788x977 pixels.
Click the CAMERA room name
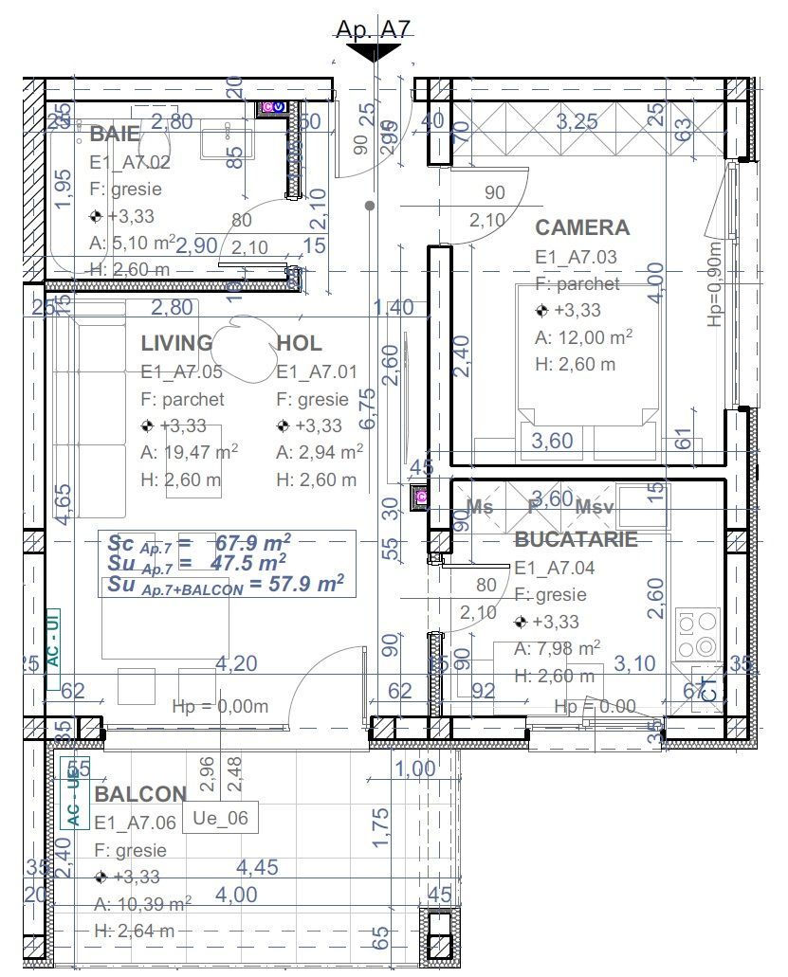pos(582,227)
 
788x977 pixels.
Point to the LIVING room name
pos(177,343)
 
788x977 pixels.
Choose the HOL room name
pos(299,343)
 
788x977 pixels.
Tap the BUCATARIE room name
pos(576,539)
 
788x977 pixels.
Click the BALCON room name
pos(140,794)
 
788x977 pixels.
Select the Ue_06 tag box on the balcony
pos(219,818)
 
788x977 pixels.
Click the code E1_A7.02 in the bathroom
pos(130,162)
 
